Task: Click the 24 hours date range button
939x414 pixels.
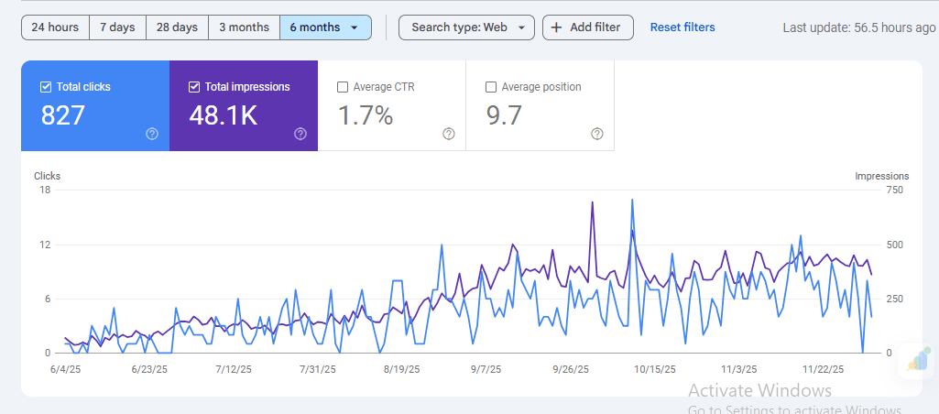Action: [55, 27]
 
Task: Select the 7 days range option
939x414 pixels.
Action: [116, 27]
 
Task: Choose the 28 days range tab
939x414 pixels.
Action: [177, 27]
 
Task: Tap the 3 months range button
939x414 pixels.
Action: [244, 27]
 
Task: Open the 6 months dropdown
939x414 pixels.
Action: [325, 27]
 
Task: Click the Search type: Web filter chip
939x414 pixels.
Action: [466, 27]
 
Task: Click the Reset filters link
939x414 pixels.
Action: [682, 27]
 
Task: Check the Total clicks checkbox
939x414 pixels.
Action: [46, 87]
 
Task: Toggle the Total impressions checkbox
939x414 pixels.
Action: [194, 87]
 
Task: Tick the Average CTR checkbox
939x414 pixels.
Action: [343, 87]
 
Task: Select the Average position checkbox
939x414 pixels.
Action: [491, 87]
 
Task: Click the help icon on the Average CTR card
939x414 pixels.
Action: [449, 134]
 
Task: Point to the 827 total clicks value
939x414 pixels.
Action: [63, 115]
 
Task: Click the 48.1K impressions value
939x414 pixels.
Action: [224, 115]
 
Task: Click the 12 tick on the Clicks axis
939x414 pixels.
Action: [44, 245]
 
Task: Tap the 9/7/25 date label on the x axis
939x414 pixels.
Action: [486, 369]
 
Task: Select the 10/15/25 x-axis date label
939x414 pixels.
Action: [655, 369]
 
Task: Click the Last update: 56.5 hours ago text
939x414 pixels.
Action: [859, 27]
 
